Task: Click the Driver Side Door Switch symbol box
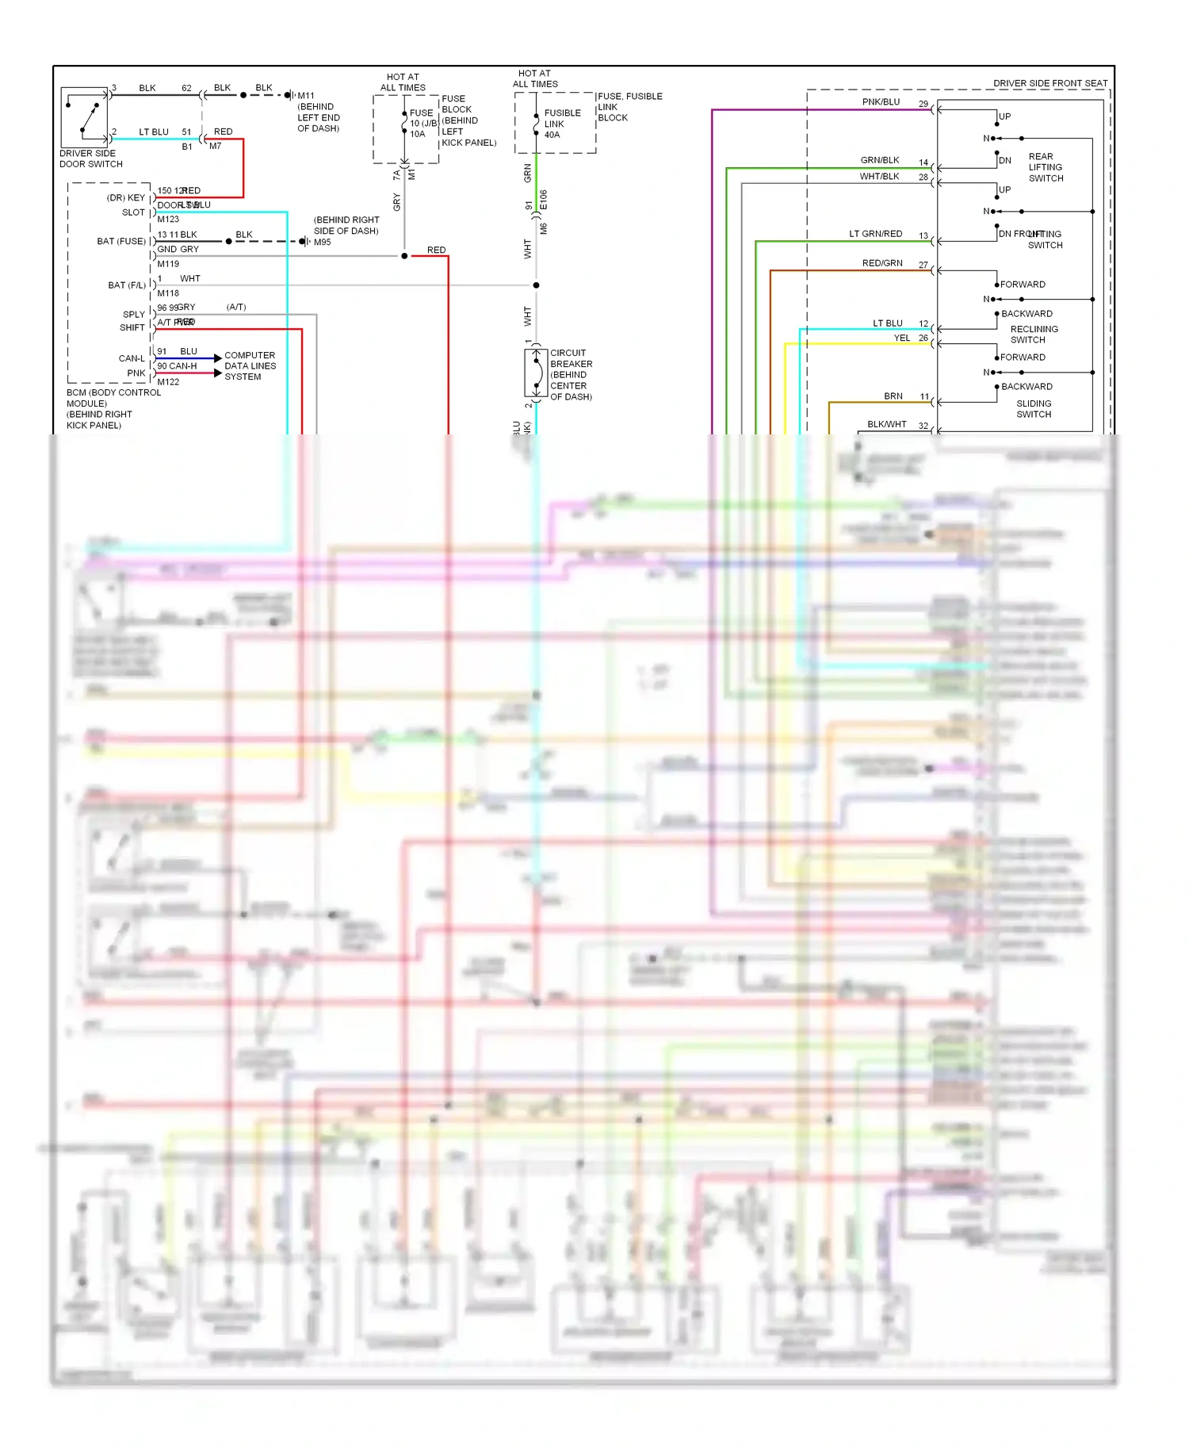pyautogui.click(x=84, y=117)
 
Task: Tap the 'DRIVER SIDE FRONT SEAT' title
pyautogui.click(x=1049, y=83)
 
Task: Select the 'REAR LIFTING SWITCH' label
pyautogui.click(x=1046, y=167)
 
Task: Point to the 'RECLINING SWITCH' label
pyautogui.click(x=1034, y=335)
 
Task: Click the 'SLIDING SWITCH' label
pyautogui.click(x=1034, y=409)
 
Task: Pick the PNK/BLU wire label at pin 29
pyautogui.click(x=881, y=102)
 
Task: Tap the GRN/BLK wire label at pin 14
pyautogui.click(x=879, y=160)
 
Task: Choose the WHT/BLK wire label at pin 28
pyautogui.click(x=879, y=177)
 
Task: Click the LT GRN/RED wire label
pyautogui.click(x=875, y=234)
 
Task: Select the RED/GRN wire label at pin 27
pyautogui.click(x=881, y=263)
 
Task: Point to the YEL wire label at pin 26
pyautogui.click(x=901, y=338)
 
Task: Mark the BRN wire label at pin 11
pyautogui.click(x=893, y=396)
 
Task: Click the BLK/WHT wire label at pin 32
pyautogui.click(x=886, y=424)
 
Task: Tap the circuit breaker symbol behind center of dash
pyautogui.click(x=536, y=373)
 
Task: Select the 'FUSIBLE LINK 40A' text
pyautogui.click(x=562, y=124)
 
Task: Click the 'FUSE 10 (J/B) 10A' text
pyautogui.click(x=422, y=124)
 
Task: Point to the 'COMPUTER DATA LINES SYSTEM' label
pyautogui.click(x=250, y=366)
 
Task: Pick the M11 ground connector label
pyautogui.click(x=306, y=96)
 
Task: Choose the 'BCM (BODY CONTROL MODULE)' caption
pyautogui.click(x=113, y=398)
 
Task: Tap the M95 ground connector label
pyautogui.click(x=322, y=243)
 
